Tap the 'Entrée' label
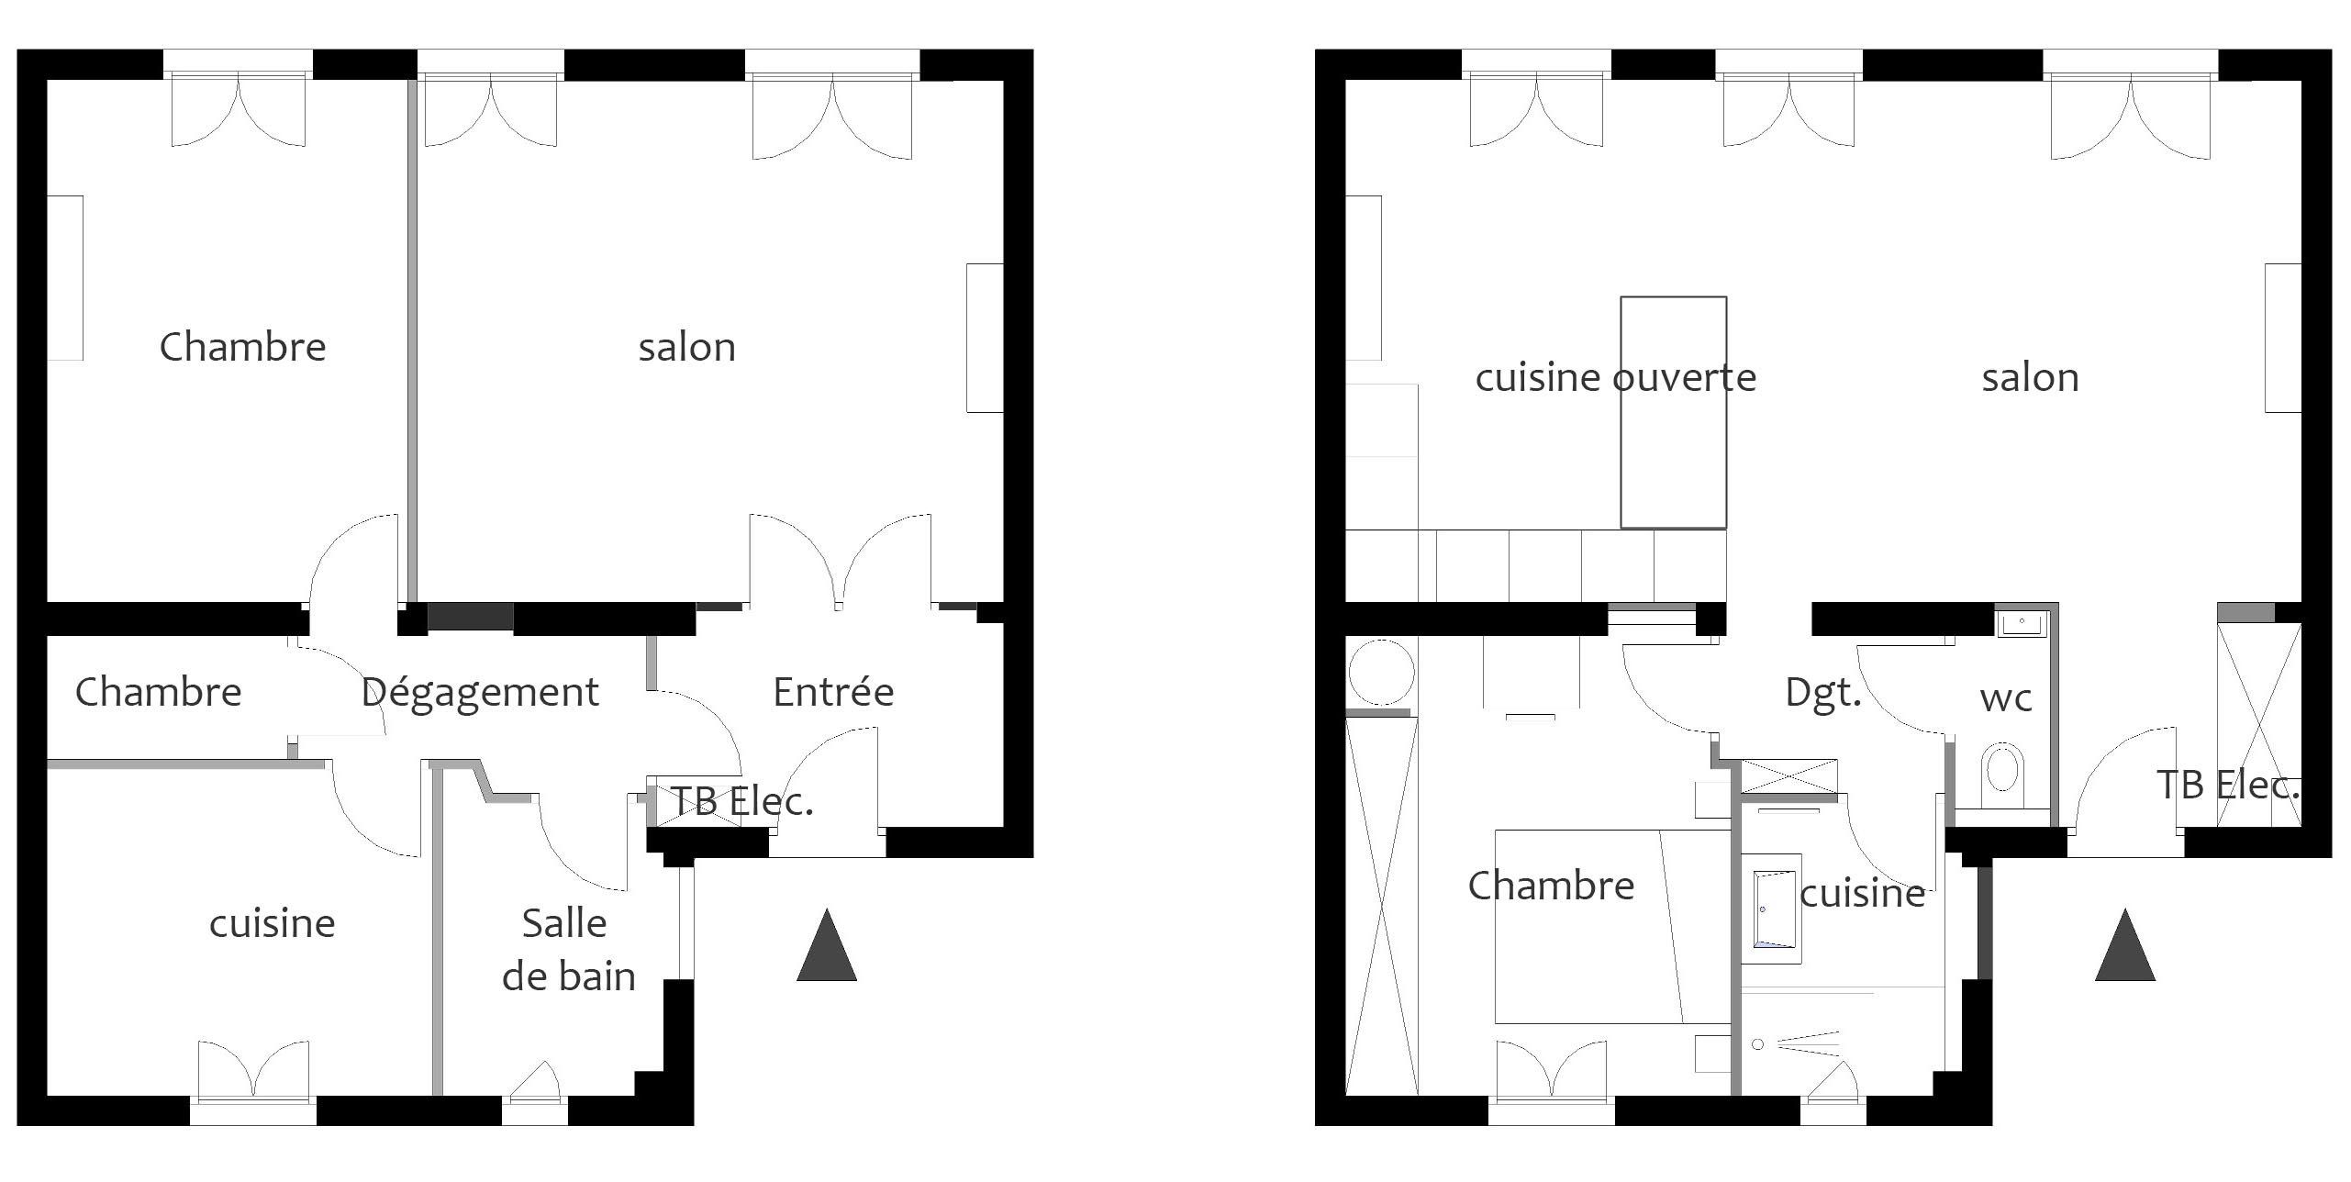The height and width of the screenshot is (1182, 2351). pyautogui.click(x=833, y=692)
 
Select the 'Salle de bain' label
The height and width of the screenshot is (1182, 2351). pyautogui.click(x=568, y=949)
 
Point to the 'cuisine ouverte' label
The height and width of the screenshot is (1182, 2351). pyautogui.click(x=1615, y=377)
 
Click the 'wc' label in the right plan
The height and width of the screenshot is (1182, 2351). pyautogui.click(x=2006, y=699)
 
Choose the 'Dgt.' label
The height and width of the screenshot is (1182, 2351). pyautogui.click(x=1823, y=693)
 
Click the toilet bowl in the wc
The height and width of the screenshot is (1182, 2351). pyautogui.click(x=2002, y=771)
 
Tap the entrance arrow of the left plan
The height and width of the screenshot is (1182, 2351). pyautogui.click(x=827, y=945)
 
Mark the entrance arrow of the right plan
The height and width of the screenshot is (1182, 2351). pyautogui.click(x=2125, y=945)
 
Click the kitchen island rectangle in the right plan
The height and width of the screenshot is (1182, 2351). pyautogui.click(x=1673, y=412)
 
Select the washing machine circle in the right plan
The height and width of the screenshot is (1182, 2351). pyautogui.click(x=1381, y=673)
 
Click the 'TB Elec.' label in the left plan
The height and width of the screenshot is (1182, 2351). pyautogui.click(x=742, y=802)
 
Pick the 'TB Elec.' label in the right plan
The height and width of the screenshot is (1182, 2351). pyautogui.click(x=2228, y=785)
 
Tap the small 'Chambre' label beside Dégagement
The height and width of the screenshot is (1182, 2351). pyautogui.click(x=158, y=692)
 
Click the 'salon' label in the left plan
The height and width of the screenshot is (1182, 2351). pyautogui.click(x=687, y=348)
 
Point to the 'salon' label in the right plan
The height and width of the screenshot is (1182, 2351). pyautogui.click(x=2031, y=378)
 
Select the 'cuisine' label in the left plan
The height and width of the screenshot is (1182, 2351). pyautogui.click(x=273, y=923)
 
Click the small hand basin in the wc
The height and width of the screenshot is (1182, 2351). pyautogui.click(x=2021, y=624)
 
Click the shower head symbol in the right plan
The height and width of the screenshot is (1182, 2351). pyautogui.click(x=1757, y=1043)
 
